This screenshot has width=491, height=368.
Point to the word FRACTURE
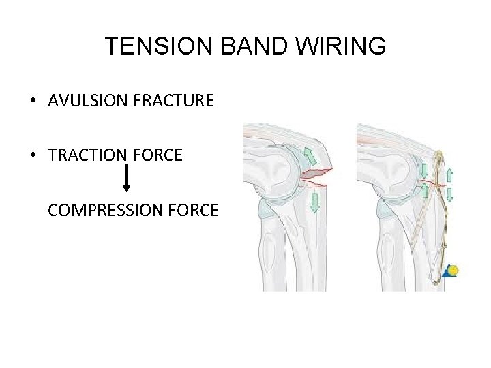click(177, 102)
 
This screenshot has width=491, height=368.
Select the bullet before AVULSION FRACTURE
click(33, 102)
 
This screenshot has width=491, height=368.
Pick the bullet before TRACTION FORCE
click(33, 156)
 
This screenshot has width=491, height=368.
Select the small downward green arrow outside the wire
click(449, 194)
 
